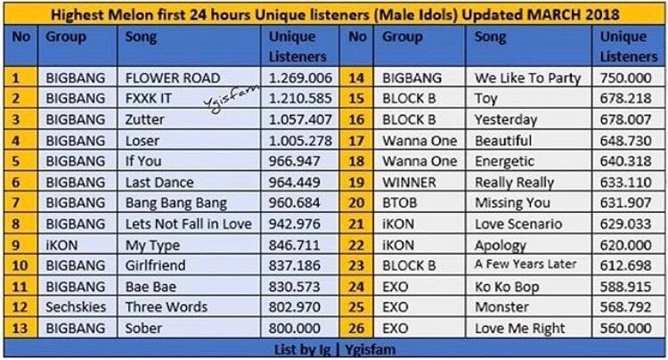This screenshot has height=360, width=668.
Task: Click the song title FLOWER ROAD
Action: (x=173, y=78)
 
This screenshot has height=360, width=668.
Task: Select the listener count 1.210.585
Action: (x=300, y=98)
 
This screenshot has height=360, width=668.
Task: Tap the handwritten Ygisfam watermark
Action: (x=231, y=98)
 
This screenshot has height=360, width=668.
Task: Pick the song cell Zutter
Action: (x=144, y=119)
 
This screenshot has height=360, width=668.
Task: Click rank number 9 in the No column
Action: (x=16, y=245)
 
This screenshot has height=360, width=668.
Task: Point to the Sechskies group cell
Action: (x=76, y=307)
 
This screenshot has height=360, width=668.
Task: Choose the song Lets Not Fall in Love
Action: (x=188, y=224)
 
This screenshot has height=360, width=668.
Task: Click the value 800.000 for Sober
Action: (x=295, y=329)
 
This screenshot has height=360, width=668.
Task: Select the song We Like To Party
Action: (x=528, y=78)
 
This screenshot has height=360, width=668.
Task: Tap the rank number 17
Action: (x=356, y=141)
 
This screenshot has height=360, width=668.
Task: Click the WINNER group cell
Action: (x=409, y=183)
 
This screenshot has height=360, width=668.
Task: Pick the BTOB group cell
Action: (x=399, y=203)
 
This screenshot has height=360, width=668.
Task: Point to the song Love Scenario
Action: (x=518, y=224)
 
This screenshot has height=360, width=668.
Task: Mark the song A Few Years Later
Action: (x=525, y=265)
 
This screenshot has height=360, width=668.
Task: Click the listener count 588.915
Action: (x=626, y=287)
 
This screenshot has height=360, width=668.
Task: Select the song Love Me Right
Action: (x=520, y=329)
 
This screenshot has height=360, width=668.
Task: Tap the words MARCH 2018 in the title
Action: (x=573, y=15)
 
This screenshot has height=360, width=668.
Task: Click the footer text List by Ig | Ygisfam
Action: (x=334, y=350)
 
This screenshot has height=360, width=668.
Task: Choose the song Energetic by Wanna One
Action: (x=504, y=161)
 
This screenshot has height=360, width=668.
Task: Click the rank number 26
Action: (x=356, y=329)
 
